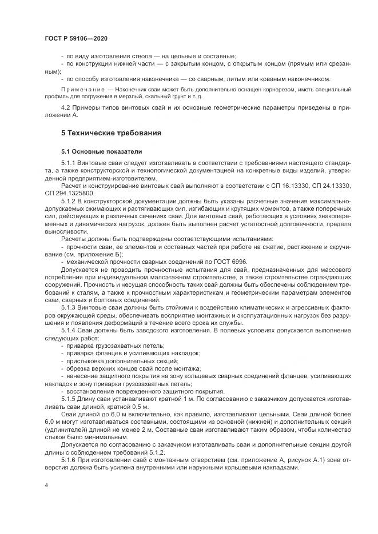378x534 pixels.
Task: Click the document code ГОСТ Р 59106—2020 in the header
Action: point(75,38)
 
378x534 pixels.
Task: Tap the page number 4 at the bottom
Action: point(46,484)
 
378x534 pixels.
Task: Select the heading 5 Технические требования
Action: point(111,133)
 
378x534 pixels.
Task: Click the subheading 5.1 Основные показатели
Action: point(97,152)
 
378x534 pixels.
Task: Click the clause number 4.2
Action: point(66,108)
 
